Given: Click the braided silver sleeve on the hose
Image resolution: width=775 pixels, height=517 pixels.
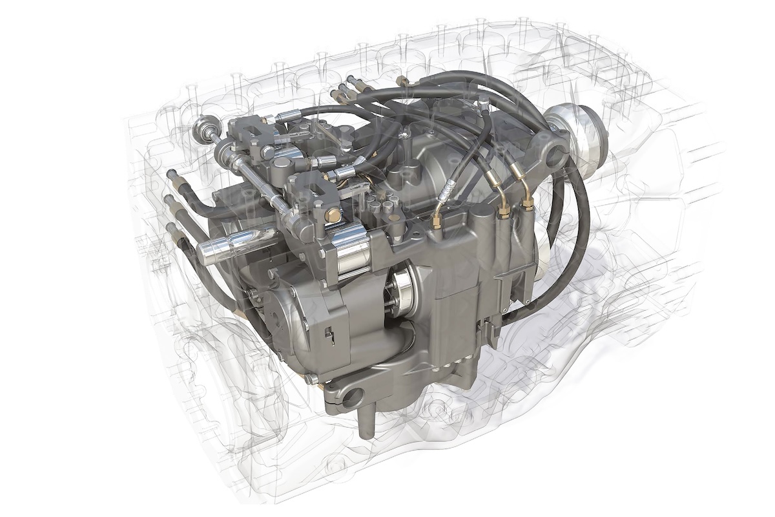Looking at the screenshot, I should (446, 191).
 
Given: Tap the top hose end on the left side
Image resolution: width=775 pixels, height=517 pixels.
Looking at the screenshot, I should (173, 175).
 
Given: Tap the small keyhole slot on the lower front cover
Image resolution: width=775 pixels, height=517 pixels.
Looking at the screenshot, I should (329, 334).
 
